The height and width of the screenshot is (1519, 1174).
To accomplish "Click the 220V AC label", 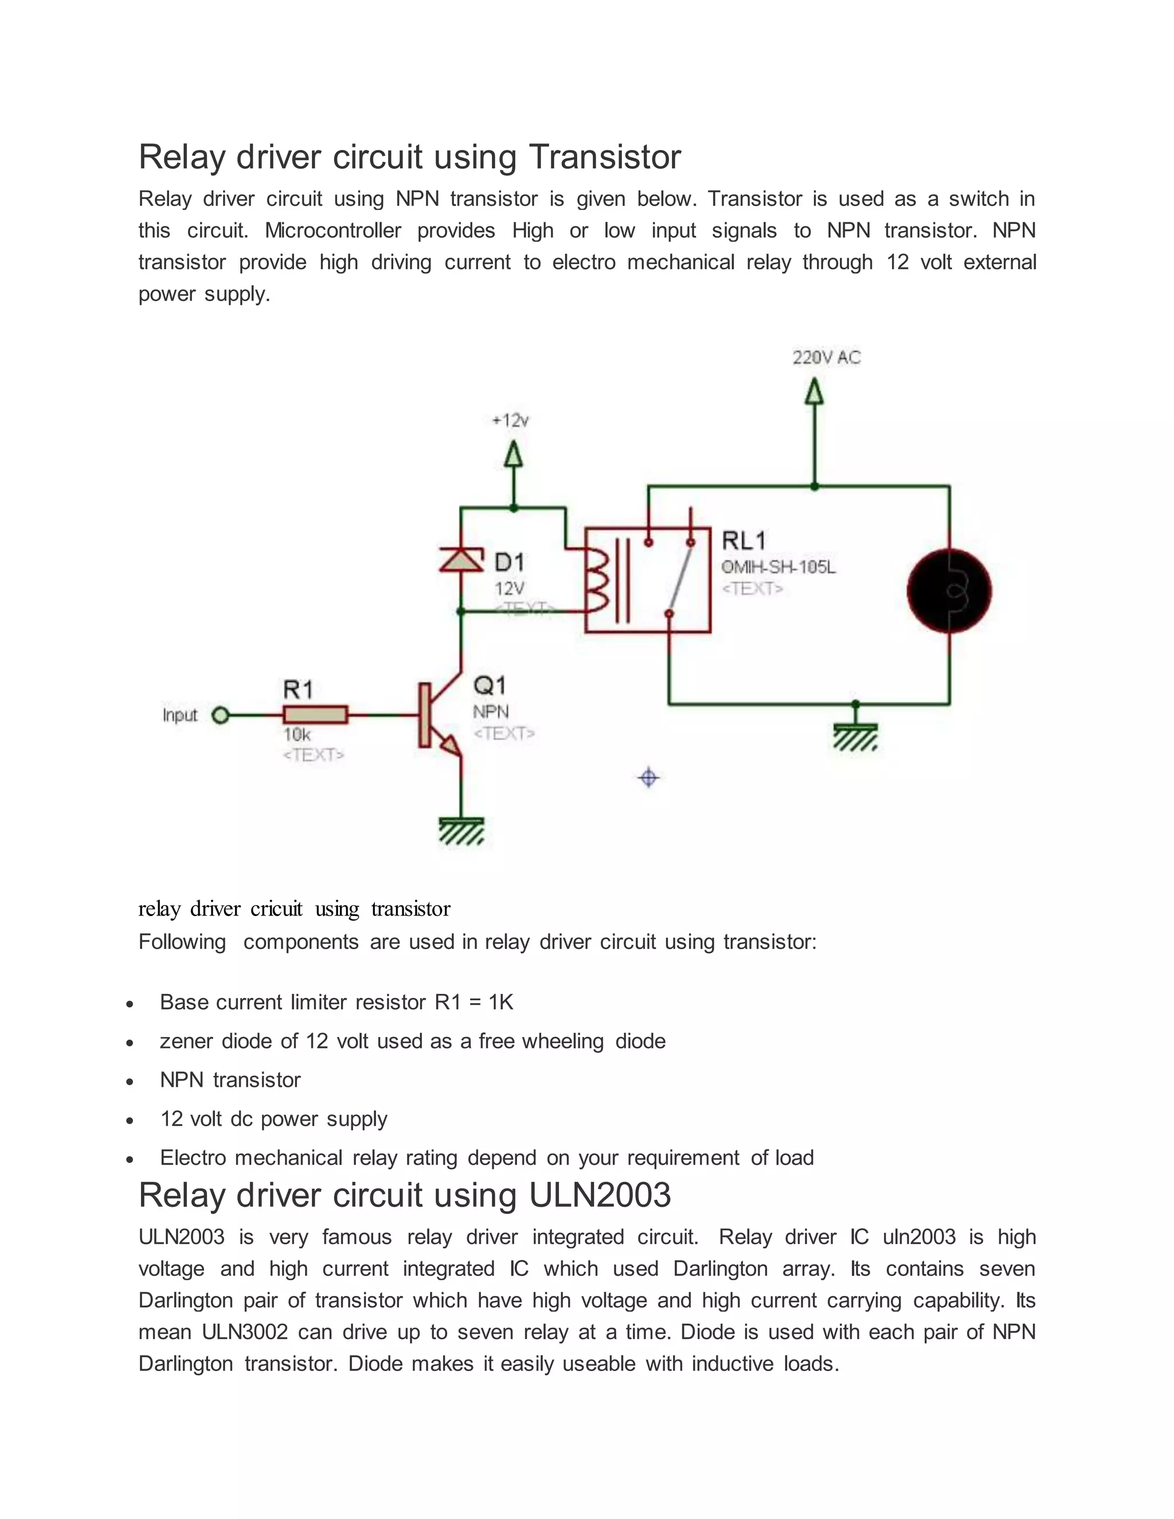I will [826, 358].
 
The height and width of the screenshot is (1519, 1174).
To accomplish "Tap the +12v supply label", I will [511, 421].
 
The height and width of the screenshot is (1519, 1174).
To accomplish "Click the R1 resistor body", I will [315, 715].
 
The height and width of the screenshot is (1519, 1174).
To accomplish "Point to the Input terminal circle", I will [221, 715].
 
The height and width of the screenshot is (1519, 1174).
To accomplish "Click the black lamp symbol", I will [949, 591].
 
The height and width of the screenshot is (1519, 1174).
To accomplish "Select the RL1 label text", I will [743, 541].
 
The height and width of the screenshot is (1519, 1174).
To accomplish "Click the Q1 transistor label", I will [490, 686].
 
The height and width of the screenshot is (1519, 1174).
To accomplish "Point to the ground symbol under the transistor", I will [461, 831].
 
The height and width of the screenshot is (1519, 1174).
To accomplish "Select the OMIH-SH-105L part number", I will [779, 567].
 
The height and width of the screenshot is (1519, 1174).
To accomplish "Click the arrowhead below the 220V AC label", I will [814, 392].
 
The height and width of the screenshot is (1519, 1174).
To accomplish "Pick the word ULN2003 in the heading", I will [600, 1195].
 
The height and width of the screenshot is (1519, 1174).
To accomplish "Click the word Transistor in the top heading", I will [605, 156].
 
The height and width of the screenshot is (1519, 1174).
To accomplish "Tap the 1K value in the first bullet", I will [501, 1002].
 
